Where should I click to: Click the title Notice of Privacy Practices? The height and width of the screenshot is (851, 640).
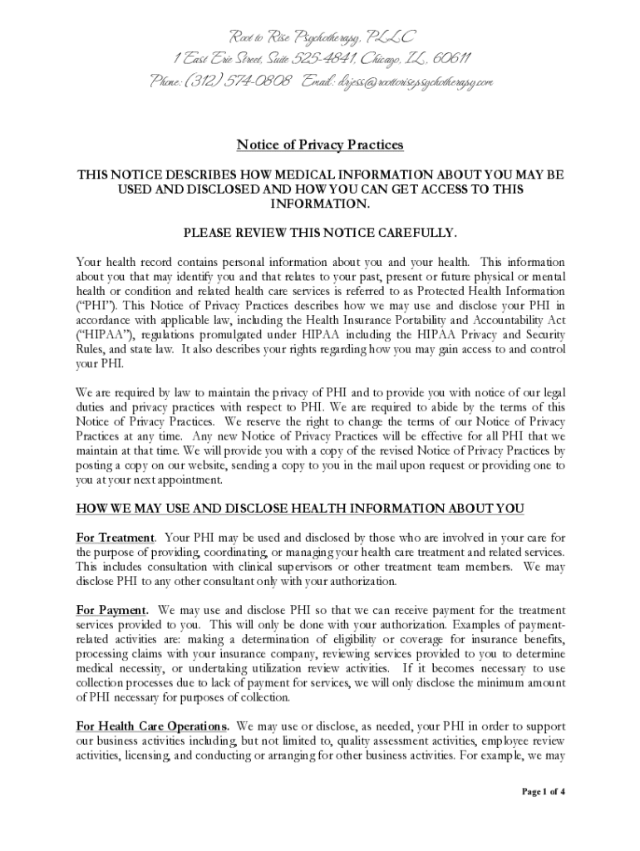[x=320, y=145]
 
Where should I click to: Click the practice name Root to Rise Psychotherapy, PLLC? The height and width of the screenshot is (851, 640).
[x=321, y=37]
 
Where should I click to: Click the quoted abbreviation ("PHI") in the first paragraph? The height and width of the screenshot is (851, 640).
[x=95, y=307]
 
